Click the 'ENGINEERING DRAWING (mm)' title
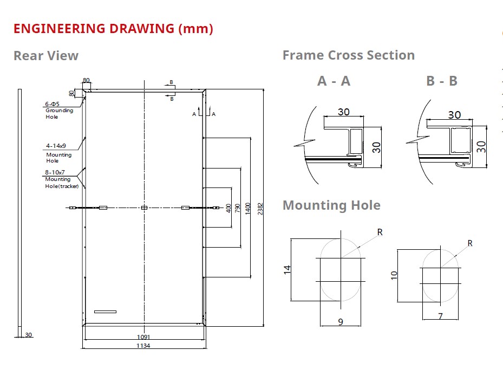click(113, 29)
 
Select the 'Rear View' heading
click(46, 56)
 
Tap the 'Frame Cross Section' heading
click(348, 55)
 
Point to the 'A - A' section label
click(334, 81)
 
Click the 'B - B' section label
click(442, 81)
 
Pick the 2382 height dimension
click(260, 209)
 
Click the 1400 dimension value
click(247, 209)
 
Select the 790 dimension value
click(237, 208)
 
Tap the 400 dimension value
click(228, 208)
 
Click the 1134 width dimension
click(143, 346)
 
